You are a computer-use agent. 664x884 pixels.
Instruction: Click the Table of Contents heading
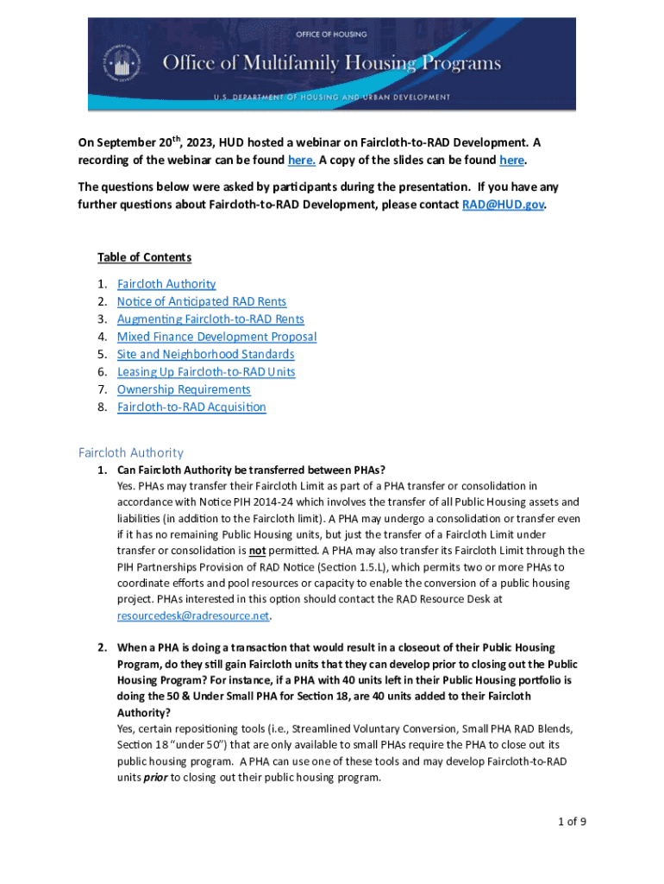[144, 257]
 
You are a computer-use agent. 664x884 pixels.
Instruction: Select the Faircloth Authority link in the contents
[166, 284]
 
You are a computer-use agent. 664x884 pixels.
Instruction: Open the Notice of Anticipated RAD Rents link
[202, 301]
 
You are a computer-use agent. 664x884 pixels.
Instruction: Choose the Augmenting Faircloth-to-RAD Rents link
[210, 319]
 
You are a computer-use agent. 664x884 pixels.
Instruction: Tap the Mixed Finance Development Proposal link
[216, 337]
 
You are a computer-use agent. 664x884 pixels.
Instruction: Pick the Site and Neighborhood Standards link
[205, 354]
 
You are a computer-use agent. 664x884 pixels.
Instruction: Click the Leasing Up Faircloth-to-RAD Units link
[206, 372]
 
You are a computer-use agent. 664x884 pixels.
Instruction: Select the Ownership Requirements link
[184, 389]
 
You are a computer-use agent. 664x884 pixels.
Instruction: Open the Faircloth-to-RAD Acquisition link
[191, 407]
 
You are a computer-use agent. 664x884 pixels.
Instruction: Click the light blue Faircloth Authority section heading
[131, 452]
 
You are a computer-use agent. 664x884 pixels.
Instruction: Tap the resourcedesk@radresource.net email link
[193, 616]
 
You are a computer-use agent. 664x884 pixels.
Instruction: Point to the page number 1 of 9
[572, 821]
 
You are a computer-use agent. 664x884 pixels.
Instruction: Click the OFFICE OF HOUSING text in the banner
[331, 35]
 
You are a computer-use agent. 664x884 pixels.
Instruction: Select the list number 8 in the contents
[102, 407]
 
